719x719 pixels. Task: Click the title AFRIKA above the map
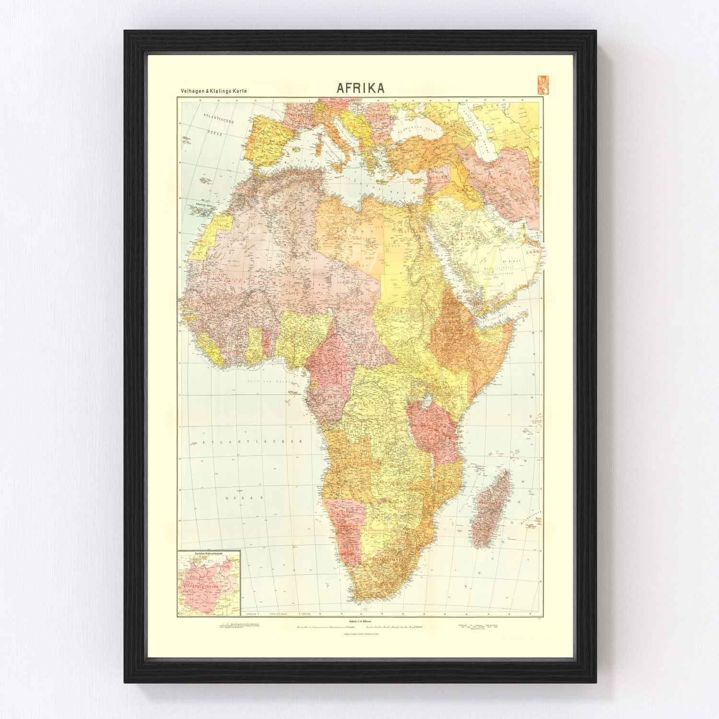tap(360, 88)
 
